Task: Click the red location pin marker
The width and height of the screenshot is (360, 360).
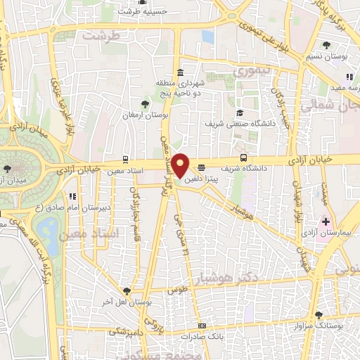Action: pyautogui.click(x=181, y=165)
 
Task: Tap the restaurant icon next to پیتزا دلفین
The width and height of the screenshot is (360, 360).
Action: pyautogui.click(x=202, y=167)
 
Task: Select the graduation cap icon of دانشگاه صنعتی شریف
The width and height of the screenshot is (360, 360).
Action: pyautogui.click(x=239, y=112)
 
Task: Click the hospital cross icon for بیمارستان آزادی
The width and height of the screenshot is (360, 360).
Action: pyautogui.click(x=326, y=220)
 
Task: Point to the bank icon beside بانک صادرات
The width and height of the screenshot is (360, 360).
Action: pyautogui.click(x=202, y=326)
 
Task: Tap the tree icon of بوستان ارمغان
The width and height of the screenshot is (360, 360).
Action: pyautogui.click(x=146, y=103)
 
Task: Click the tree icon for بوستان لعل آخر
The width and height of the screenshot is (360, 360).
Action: pyautogui.click(x=126, y=290)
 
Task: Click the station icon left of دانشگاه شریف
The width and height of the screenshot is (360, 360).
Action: pyautogui.click(x=244, y=157)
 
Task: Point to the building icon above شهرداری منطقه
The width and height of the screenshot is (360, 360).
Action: pyautogui.click(x=181, y=72)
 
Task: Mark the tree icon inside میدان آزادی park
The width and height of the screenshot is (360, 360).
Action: pyautogui.click(x=6, y=169)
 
